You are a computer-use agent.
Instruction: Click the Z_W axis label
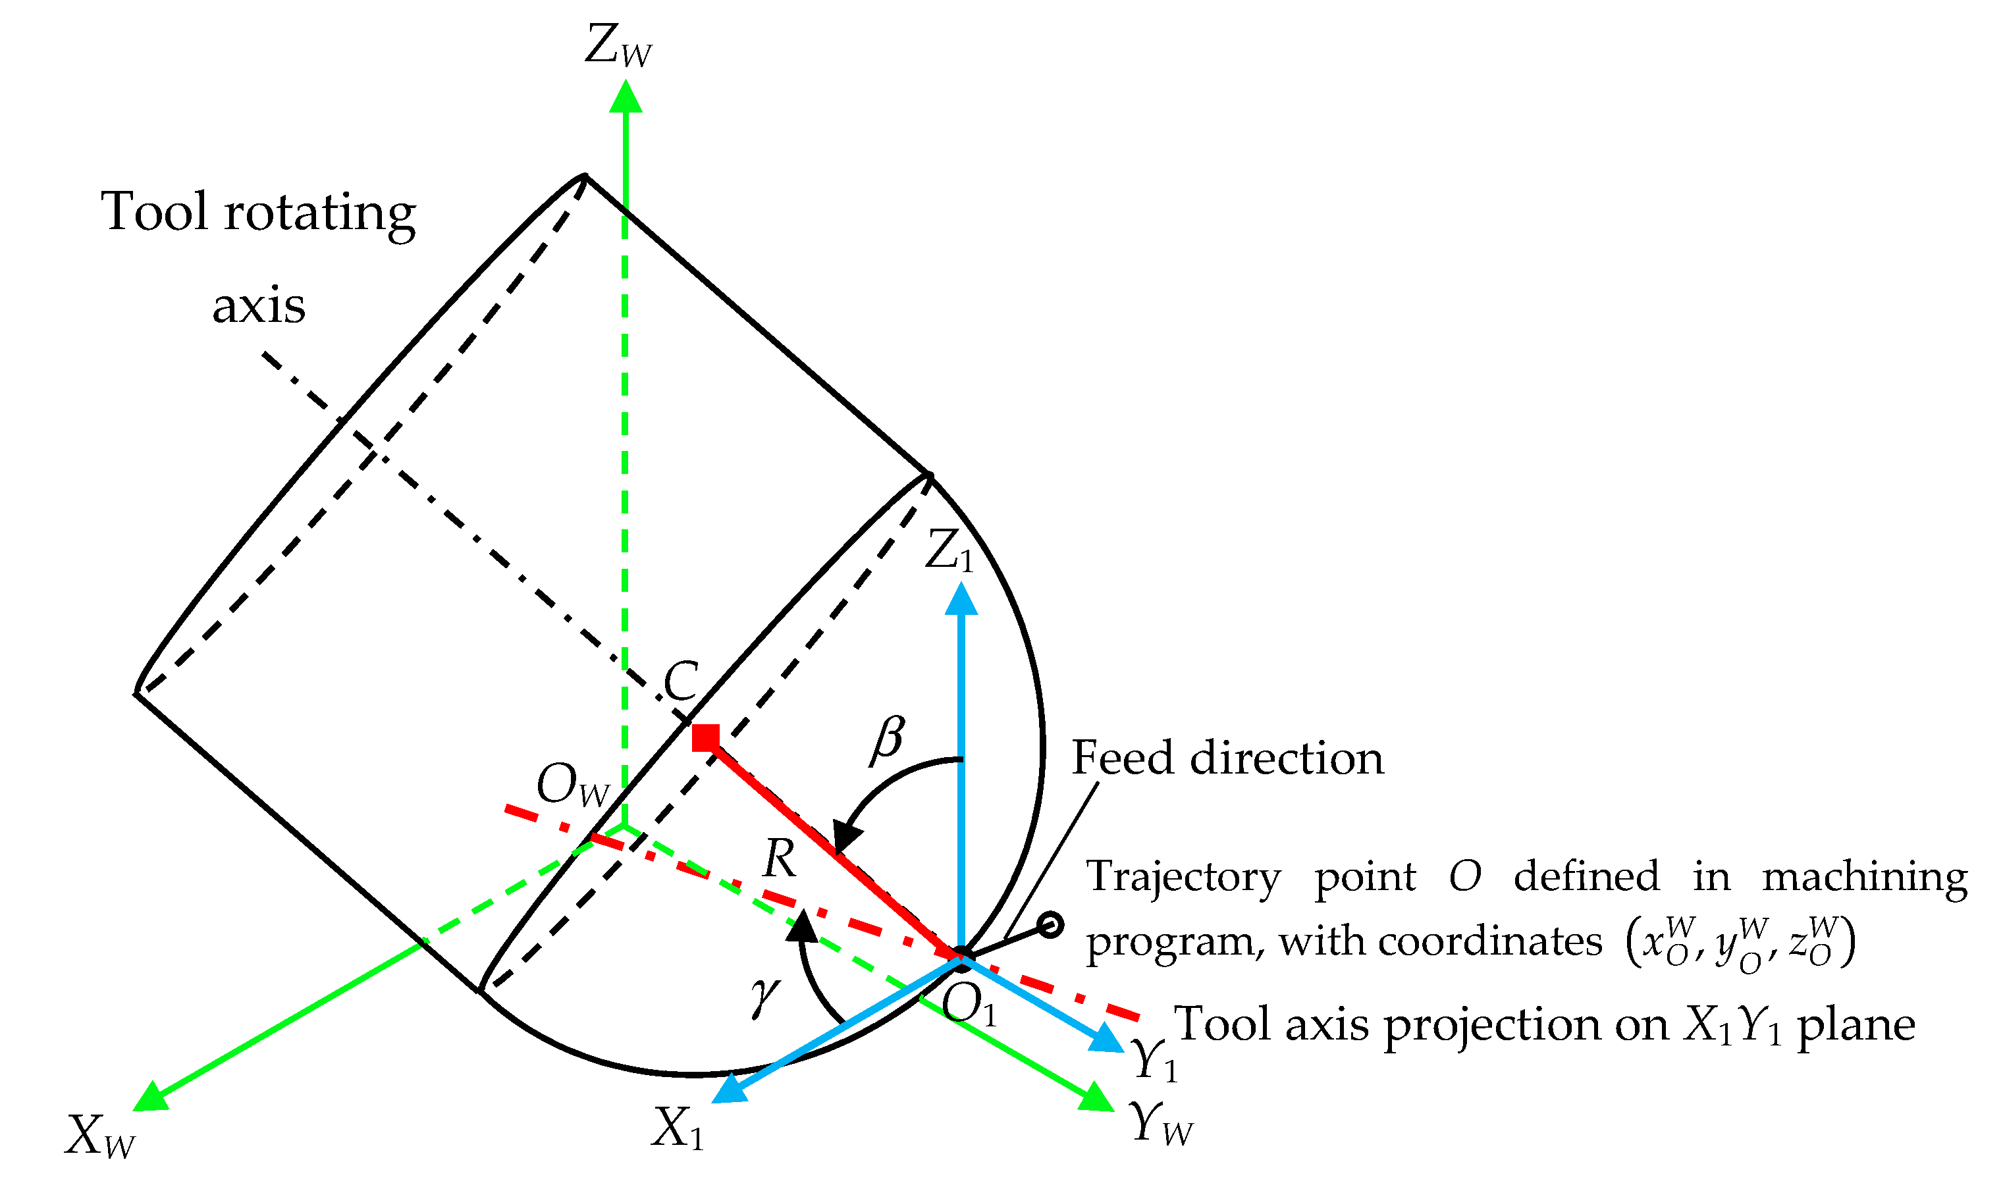pos(618,46)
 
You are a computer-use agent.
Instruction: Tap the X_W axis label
pos(100,1136)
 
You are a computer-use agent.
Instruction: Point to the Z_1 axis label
pos(949,552)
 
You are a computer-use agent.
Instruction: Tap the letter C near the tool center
pos(681,681)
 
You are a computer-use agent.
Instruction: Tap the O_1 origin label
pos(969,1004)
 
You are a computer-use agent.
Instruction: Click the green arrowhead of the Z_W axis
pos(626,97)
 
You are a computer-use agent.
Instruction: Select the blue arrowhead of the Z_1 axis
pos(961,600)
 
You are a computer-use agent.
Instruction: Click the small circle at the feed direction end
pos(1050,926)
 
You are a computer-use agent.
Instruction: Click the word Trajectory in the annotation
pos(1183,878)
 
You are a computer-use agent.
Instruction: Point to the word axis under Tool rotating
pos(258,306)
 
